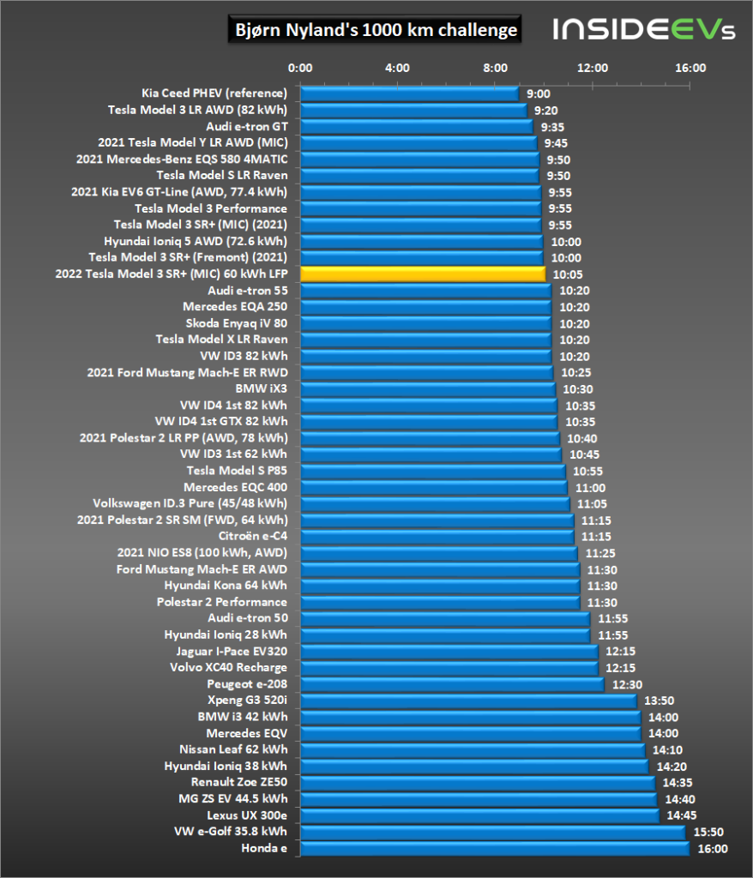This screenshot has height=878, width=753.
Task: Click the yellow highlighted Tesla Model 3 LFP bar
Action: (422, 274)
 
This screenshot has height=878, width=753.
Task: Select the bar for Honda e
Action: (494, 848)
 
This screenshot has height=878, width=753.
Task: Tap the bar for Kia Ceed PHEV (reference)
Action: (409, 93)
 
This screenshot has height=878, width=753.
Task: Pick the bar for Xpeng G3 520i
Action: (468, 701)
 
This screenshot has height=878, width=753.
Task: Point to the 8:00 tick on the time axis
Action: (496, 67)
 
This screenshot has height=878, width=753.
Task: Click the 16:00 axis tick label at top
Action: (690, 67)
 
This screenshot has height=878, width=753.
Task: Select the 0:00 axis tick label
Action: (300, 67)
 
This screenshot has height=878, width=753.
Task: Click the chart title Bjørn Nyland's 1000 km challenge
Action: (376, 30)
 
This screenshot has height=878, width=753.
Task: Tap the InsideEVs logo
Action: (644, 30)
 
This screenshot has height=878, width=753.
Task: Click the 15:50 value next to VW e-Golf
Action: (707, 832)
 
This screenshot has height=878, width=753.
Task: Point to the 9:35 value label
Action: (551, 126)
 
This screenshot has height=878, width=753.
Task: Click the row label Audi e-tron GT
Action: (246, 126)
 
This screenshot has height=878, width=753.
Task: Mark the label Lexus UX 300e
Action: (247, 815)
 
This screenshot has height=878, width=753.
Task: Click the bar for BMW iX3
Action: (427, 388)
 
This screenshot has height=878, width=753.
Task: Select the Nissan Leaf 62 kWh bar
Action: (473, 749)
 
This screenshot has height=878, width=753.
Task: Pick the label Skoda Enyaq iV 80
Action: (237, 322)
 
